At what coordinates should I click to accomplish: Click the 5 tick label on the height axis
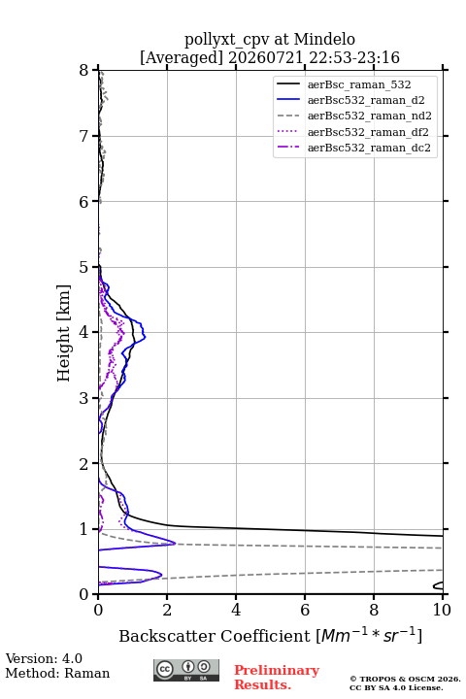(83, 268)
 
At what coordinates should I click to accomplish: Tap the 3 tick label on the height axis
(83, 398)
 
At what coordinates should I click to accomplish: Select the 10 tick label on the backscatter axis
(442, 610)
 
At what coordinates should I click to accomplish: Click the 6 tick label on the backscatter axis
(305, 610)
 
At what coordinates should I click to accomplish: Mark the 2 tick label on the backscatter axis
(167, 610)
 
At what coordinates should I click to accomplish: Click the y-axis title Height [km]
(64, 333)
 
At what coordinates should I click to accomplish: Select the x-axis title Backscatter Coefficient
(214, 636)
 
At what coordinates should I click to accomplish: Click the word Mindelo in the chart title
(324, 39)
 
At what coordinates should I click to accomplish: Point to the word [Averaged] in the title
(182, 58)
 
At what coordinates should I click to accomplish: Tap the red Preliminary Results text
(277, 678)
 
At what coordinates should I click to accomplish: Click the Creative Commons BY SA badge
(186, 670)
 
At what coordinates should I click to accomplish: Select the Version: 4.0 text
(44, 658)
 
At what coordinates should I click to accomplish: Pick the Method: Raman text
(57, 673)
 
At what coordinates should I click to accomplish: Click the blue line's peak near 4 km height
(145, 337)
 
